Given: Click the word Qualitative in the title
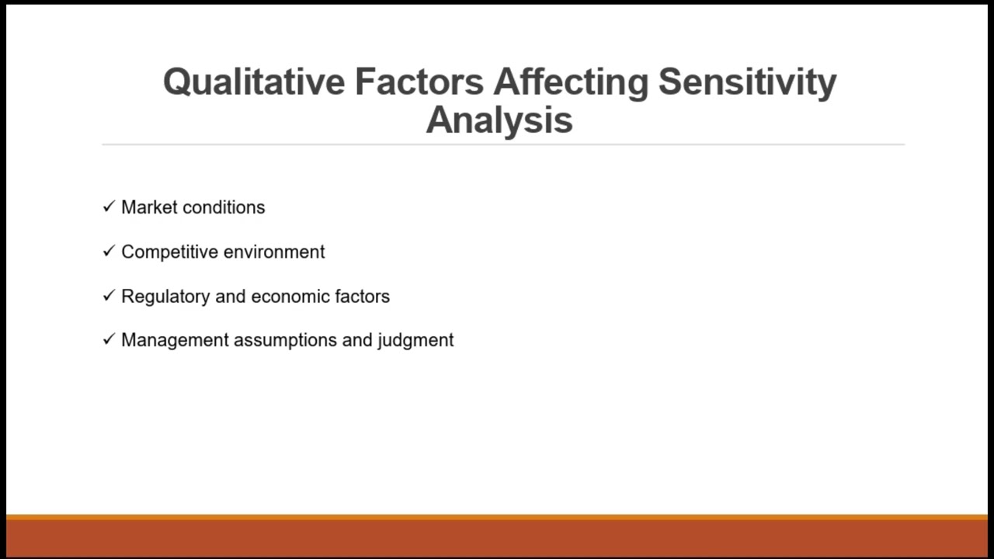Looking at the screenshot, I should coord(254,82).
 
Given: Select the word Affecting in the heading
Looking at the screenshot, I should coord(571,82).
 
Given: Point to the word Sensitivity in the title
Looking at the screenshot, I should coord(747,82).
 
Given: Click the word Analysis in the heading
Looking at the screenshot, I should coord(499,120).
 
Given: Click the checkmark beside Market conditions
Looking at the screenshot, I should coord(109,207).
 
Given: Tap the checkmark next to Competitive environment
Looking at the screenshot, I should coord(109,252).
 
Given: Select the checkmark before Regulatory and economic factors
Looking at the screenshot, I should coord(109,296).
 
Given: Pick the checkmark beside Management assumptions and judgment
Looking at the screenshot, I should coord(109,340).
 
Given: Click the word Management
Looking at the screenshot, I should coord(175,340).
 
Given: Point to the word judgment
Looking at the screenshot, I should coord(415,341).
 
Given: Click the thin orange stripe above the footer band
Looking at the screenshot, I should coord(497,516).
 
